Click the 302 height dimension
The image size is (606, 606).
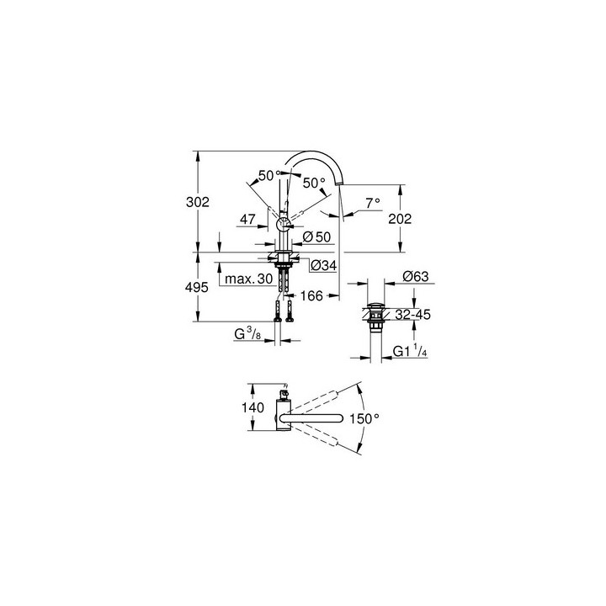click(198, 202)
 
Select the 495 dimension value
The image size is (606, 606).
click(197, 287)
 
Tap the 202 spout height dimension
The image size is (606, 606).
click(400, 219)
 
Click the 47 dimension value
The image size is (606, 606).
click(247, 219)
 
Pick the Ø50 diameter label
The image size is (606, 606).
click(317, 237)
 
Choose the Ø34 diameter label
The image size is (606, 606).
click(324, 265)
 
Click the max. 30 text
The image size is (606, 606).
click(249, 279)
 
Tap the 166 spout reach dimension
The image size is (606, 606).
click(311, 295)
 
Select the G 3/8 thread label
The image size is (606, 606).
click(247, 334)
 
